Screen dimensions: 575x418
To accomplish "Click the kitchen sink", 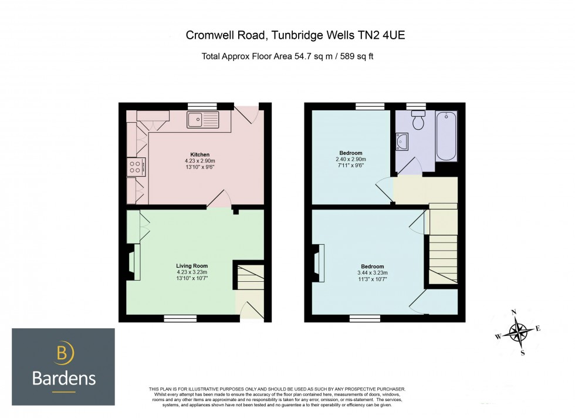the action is [202, 120].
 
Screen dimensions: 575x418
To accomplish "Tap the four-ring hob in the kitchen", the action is [136, 167].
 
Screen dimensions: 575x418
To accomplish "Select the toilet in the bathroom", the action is [418, 120].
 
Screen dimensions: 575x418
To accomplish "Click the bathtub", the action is [447, 136].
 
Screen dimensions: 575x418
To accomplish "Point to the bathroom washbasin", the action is [401, 141].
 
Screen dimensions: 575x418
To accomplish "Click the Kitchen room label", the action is [200, 154].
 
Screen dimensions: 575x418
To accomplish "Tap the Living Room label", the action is [192, 266].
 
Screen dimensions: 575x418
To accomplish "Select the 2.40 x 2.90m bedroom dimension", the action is [351, 159].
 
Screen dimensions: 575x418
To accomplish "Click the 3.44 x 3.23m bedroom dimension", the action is [373, 272].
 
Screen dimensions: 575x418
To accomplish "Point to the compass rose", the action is [518, 332].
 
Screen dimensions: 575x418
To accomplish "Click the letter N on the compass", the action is [514, 312].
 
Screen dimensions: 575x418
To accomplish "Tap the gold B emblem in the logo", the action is [63, 352].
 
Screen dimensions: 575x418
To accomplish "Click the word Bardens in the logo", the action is [64, 379].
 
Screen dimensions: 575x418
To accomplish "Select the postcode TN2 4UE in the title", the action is [380, 35].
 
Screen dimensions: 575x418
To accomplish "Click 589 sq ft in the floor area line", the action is [357, 56].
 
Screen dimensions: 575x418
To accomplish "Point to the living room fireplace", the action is [134, 262].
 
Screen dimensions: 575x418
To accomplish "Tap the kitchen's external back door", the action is [247, 114].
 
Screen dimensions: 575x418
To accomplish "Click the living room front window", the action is [181, 319].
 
